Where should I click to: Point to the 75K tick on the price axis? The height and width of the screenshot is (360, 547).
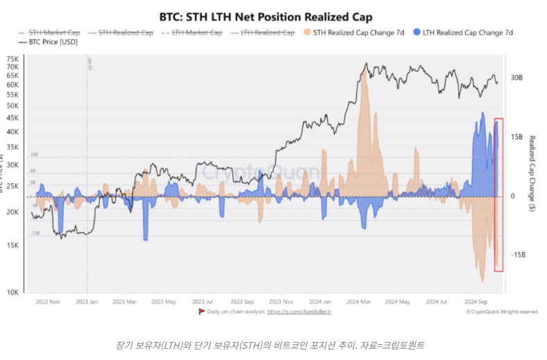click(12, 59)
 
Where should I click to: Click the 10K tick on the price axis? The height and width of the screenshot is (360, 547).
click(12, 293)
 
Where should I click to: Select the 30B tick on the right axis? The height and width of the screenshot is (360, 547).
click(516, 78)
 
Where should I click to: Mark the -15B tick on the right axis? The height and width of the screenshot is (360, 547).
click(516, 255)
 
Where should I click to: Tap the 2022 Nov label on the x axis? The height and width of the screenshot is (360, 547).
click(48, 302)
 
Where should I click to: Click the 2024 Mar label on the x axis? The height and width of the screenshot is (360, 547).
click(360, 302)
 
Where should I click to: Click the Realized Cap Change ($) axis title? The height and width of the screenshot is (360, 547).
click(531, 173)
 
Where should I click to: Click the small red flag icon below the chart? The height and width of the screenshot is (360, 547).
click(202, 312)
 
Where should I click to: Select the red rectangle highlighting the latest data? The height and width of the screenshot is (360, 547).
click(498, 194)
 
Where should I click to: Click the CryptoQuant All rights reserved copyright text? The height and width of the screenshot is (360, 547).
click(501, 312)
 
